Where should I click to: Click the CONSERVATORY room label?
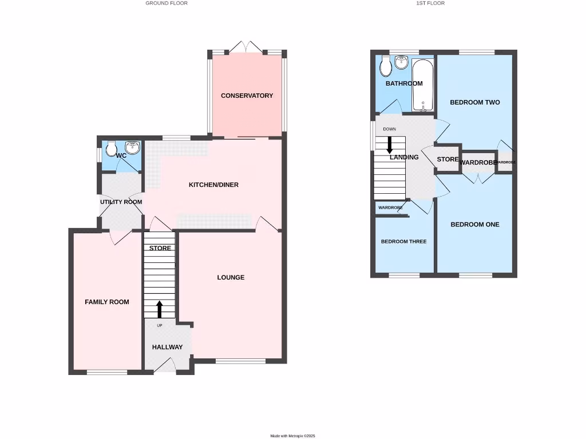click(247, 96)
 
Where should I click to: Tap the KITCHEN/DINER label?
click(213, 185)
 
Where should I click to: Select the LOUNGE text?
click(231, 278)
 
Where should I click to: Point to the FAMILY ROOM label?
click(107, 302)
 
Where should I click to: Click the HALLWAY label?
click(167, 348)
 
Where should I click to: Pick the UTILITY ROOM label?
click(121, 202)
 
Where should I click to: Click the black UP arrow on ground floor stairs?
click(159, 309)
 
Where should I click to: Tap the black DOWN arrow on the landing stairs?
click(390, 143)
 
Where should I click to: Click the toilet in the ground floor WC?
click(111, 146)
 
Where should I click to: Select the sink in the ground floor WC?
click(133, 147)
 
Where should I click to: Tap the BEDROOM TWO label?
click(474, 103)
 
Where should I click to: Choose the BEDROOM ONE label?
click(474, 225)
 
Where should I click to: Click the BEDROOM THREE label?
click(403, 242)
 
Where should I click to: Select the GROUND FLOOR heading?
click(167, 3)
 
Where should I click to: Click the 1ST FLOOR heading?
click(430, 3)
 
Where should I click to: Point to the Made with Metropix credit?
click(293, 436)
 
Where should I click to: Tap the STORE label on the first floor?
click(448, 159)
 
